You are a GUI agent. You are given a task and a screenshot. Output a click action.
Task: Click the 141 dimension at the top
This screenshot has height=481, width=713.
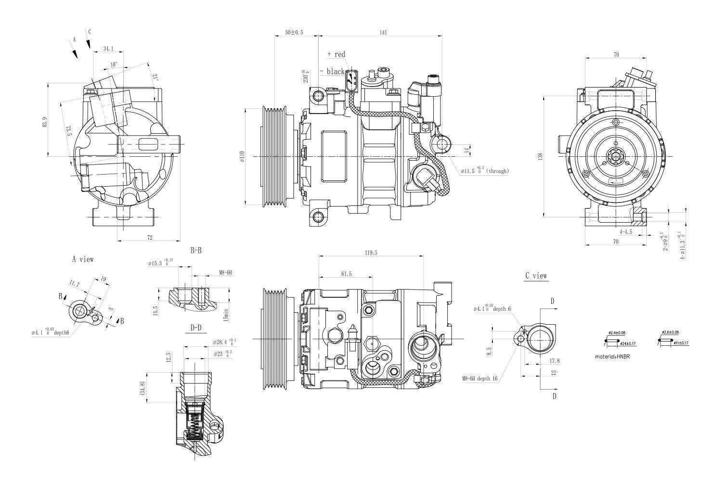383,33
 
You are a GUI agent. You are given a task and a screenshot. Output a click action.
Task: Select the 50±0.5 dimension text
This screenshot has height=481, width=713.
294,33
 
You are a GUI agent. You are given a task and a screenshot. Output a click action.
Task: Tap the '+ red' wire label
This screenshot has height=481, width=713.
336,54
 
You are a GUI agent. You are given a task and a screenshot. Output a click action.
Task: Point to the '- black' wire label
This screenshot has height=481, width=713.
333,72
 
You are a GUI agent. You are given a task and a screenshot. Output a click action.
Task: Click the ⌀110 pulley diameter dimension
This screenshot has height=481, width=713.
242,157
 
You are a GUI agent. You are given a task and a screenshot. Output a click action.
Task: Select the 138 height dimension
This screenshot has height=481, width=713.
541,156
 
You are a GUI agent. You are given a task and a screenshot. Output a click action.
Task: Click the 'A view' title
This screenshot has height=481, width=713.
83,259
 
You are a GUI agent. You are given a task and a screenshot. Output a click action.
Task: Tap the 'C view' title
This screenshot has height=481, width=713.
536,276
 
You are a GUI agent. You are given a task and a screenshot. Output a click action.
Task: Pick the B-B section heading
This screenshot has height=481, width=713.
196,250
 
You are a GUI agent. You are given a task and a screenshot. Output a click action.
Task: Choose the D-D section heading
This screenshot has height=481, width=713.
195,328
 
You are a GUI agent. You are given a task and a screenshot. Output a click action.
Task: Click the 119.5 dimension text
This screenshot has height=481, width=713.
371,253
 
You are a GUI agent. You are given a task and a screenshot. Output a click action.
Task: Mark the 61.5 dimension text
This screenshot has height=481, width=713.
346,274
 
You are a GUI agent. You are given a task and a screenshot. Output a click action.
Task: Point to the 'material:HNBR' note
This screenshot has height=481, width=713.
612,356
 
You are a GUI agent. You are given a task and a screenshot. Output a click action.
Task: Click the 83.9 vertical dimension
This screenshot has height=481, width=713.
45,122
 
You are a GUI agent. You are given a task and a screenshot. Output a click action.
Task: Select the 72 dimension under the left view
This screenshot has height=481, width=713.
149,237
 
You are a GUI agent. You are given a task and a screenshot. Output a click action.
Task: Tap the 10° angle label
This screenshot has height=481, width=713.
114,64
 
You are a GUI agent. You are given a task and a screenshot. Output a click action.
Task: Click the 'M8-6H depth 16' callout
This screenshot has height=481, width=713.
480,379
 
